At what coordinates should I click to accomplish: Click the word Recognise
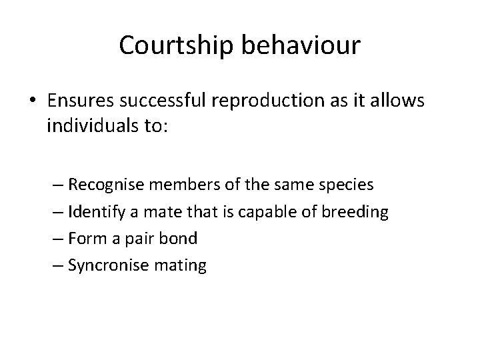tap(101, 184)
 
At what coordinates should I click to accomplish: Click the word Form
tap(83, 239)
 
